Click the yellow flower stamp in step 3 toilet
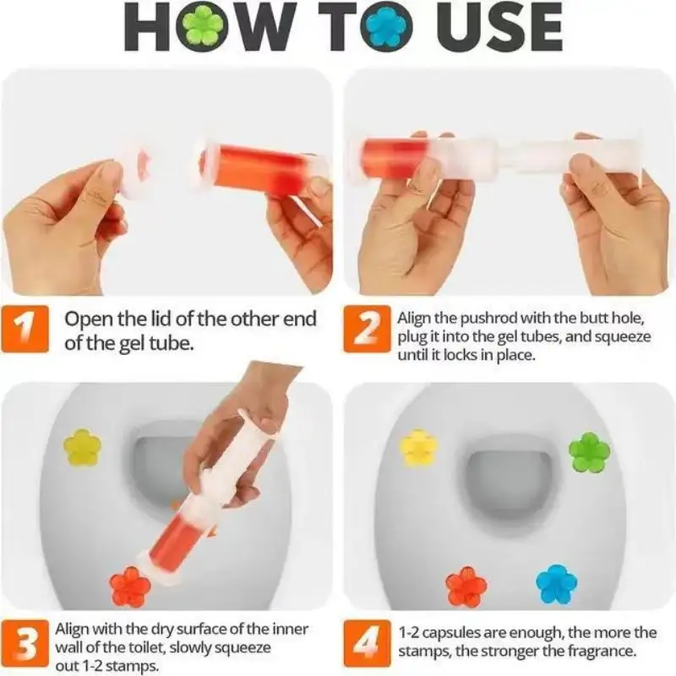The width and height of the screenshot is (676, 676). coord(82,447)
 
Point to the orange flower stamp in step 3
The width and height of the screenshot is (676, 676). coord(130,586)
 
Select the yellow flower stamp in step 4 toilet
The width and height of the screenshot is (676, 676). coord(418,447)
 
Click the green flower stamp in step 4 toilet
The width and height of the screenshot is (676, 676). coord(589,452)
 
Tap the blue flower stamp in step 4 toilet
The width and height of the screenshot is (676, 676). coord(556,584)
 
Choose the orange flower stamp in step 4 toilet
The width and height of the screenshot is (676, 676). coord(466,586)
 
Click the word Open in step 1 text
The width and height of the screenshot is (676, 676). coord(85,319)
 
